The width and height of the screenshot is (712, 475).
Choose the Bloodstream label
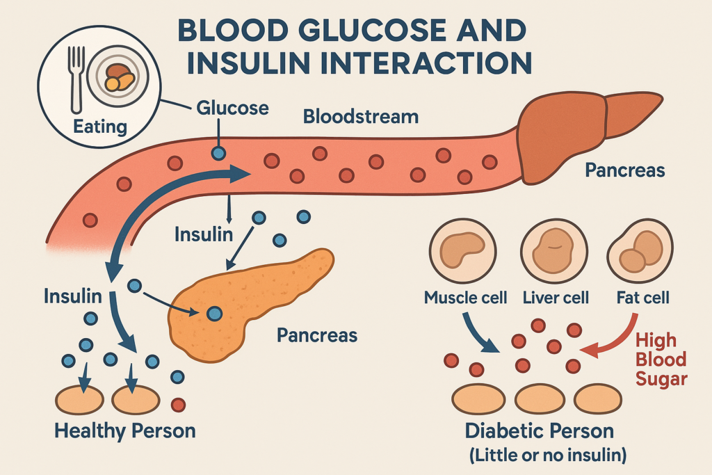[361, 116]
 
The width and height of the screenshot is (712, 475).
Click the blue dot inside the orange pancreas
[215, 314]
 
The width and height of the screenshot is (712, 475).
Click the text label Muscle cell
[467, 298]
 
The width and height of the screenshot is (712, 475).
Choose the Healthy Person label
[125, 430]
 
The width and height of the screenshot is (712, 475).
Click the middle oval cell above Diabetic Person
[541, 398]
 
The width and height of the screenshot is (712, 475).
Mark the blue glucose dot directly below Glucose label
[219, 153]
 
